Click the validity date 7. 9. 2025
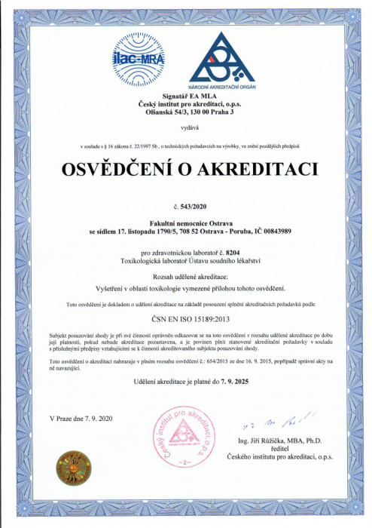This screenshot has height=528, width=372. (x=231, y=385)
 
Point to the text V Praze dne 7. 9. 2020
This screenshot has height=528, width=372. (x=80, y=418)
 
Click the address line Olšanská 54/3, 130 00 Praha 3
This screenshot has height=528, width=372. (x=185, y=111)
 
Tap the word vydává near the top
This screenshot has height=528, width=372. (x=185, y=129)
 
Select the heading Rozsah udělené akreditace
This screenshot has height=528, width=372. (x=185, y=277)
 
